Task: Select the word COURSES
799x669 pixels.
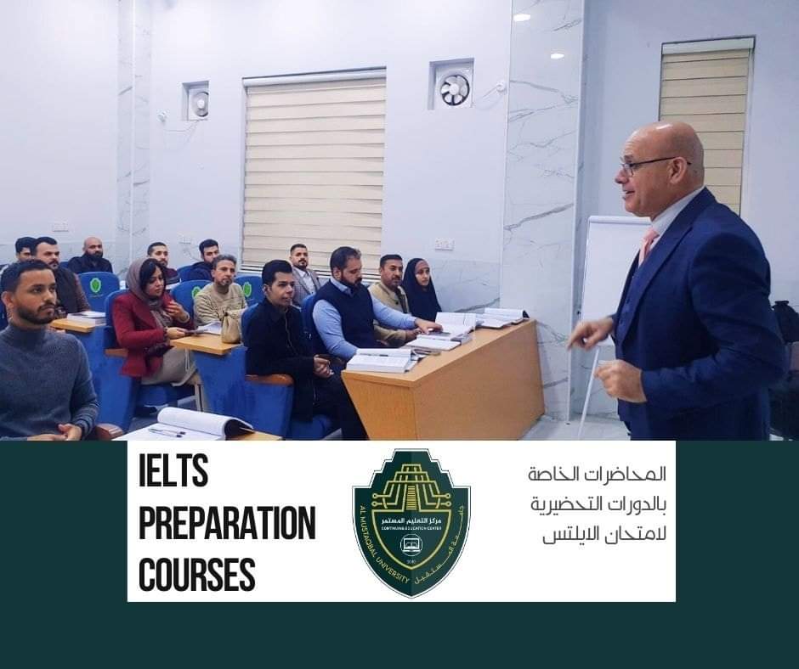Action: pyautogui.click(x=196, y=575)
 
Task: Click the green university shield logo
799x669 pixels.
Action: pyautogui.click(x=411, y=521)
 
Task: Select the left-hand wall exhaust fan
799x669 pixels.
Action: pyautogui.click(x=196, y=102)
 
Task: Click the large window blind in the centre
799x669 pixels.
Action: pyautogui.click(x=314, y=170)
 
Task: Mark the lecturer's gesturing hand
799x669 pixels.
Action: pyautogui.click(x=591, y=332)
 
